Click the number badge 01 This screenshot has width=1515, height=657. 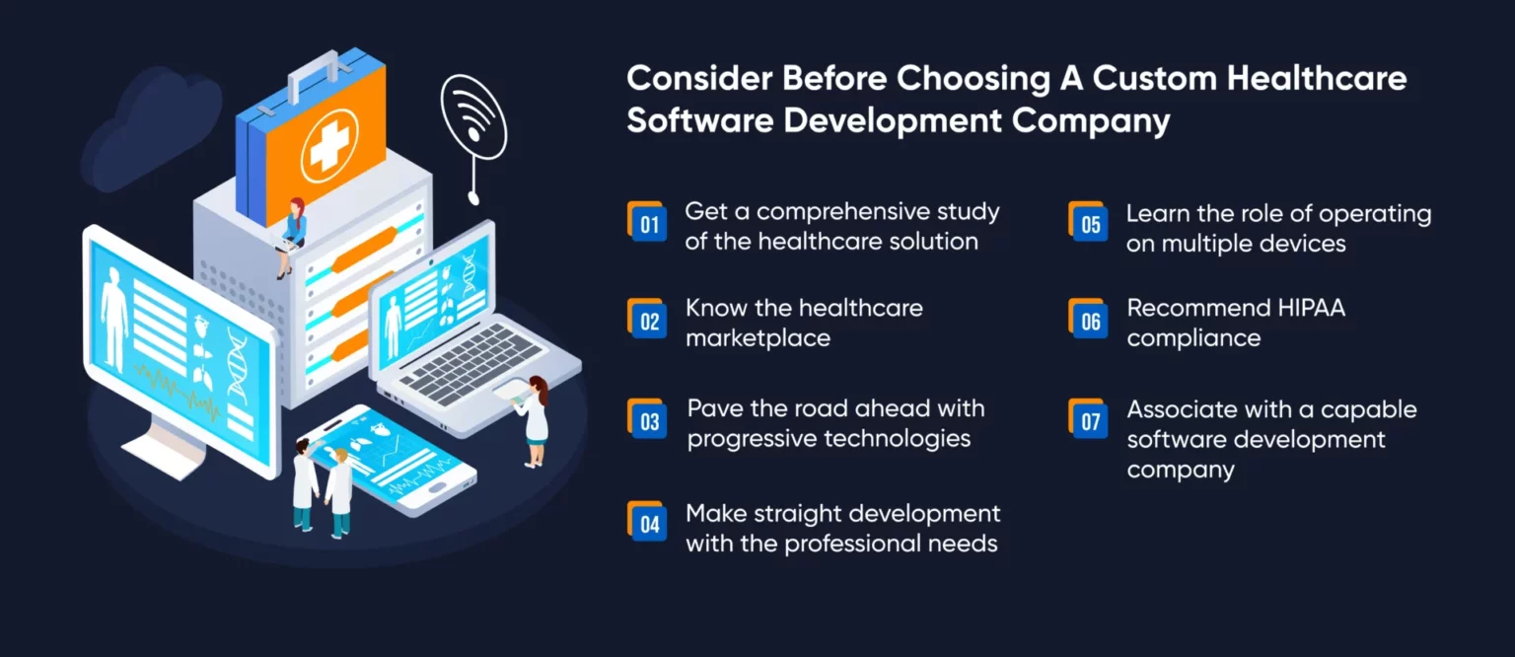click(647, 223)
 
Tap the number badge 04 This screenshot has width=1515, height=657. click(647, 523)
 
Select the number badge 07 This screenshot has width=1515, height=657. click(1089, 420)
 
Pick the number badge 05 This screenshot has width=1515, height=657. click(1089, 223)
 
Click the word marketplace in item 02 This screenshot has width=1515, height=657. click(757, 338)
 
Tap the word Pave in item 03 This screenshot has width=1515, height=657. click(714, 408)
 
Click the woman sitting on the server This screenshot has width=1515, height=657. click(292, 235)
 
